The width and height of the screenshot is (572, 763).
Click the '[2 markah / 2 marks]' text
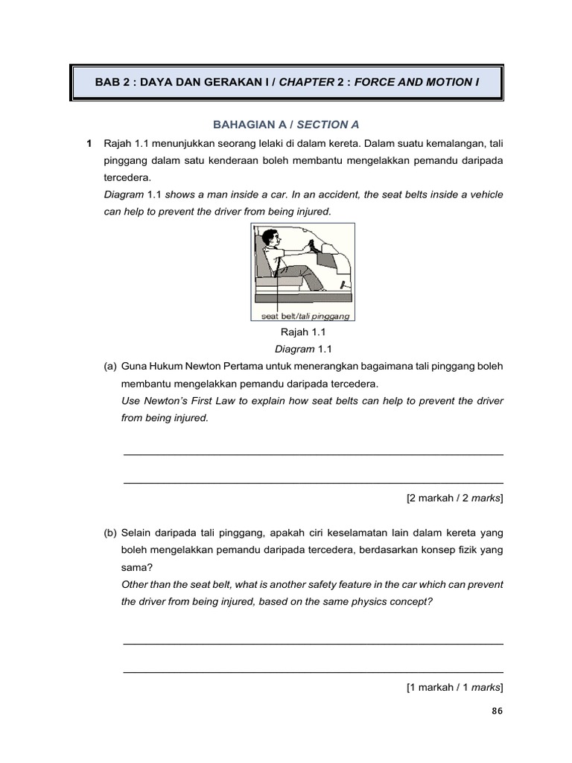pos(454,498)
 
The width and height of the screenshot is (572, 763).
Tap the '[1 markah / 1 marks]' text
pos(454,687)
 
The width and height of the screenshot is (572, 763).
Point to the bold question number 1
pos(89,142)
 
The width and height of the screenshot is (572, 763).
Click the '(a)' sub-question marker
pos(110,367)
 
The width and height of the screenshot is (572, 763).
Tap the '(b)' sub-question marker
pos(110,534)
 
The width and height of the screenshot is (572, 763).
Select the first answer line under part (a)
pos(313,454)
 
